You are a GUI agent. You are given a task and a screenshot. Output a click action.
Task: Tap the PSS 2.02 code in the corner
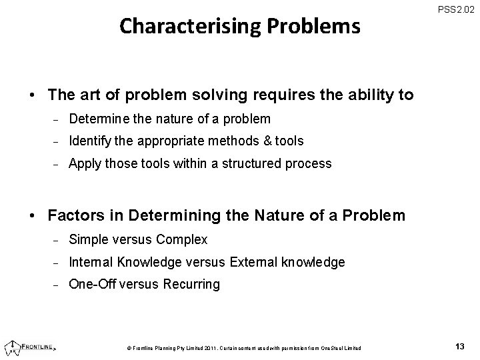457,10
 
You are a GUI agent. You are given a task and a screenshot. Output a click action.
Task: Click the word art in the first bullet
85,95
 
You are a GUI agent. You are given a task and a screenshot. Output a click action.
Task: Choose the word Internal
91,262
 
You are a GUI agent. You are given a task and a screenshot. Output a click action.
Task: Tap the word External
253,262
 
